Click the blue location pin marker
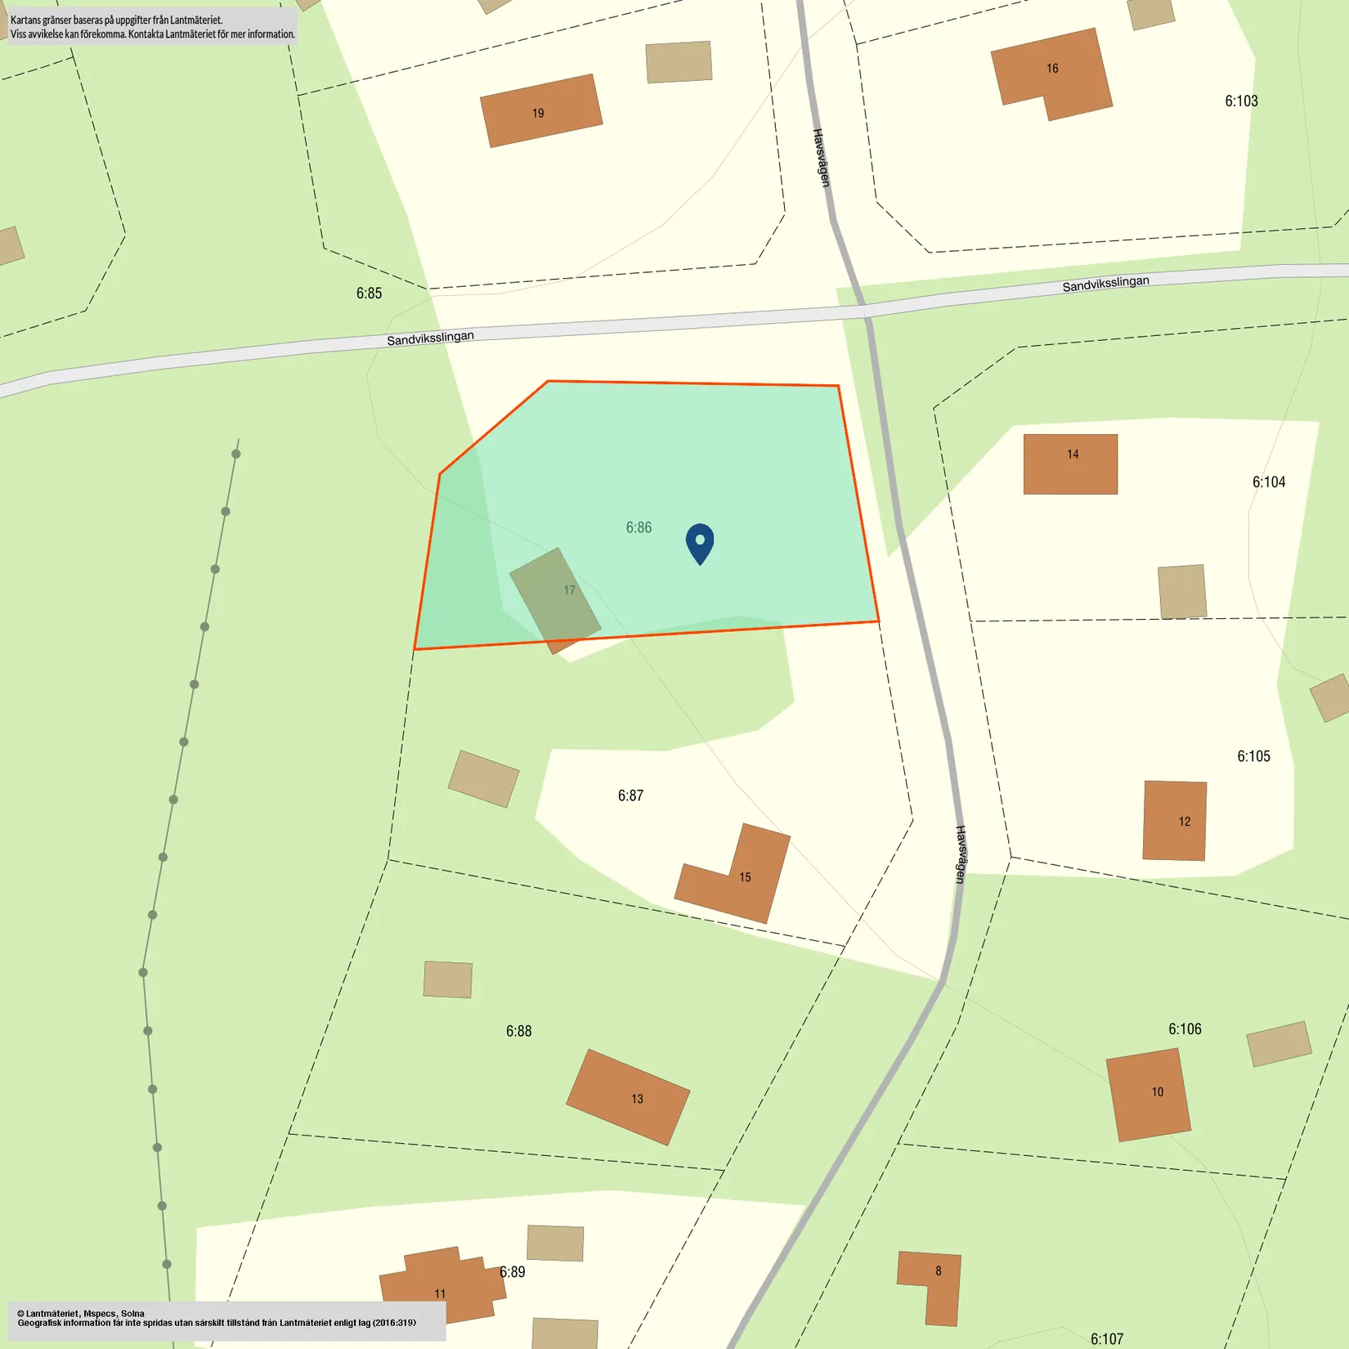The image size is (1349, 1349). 700,543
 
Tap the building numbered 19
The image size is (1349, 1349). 540,111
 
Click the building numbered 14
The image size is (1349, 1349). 1070,464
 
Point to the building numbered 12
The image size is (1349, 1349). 1174,820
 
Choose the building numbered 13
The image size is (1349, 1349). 628,1096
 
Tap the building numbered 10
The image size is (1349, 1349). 1148,1094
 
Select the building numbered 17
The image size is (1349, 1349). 555,599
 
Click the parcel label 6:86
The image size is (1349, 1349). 639,527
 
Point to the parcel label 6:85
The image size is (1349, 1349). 369,293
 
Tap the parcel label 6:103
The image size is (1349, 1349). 1240,101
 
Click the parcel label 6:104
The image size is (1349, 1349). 1268,482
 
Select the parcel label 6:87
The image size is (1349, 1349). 630,796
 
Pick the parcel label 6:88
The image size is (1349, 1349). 518,1031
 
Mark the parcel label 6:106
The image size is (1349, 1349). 1184,1029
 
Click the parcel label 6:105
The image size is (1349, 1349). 1253,756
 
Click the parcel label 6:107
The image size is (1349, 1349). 1106,1338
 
